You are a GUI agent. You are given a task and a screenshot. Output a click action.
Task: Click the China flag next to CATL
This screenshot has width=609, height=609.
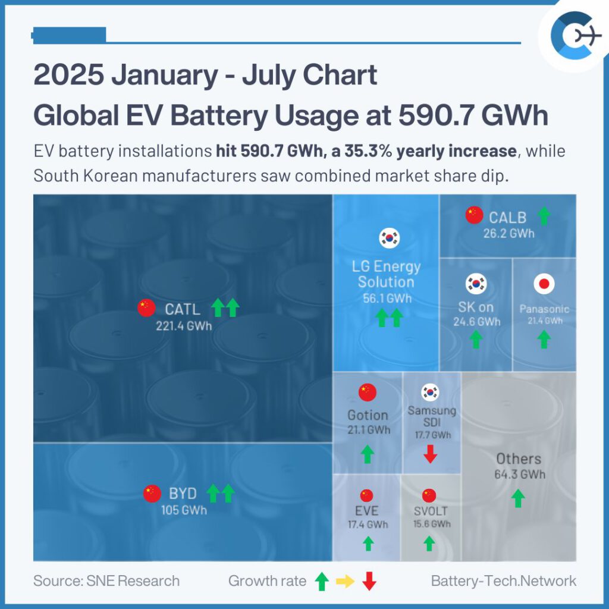coord(146,307)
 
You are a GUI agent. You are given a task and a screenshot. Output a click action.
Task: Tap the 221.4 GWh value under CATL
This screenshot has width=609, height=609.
coord(184,325)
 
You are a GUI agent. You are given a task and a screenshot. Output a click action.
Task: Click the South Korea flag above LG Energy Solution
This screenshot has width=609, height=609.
coord(390,238)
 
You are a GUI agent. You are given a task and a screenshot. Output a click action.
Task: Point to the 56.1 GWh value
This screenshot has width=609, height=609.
coord(387,299)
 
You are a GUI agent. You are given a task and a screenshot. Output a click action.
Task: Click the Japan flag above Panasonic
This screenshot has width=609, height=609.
coord(544,284)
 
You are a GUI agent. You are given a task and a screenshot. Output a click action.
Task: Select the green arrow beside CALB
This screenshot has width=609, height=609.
coord(544,216)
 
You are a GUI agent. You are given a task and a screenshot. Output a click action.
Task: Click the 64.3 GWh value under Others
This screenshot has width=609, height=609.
coord(519,475)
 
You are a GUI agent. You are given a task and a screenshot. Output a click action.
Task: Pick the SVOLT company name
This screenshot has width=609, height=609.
coord(431,511)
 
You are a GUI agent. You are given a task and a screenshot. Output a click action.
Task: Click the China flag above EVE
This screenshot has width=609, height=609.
coord(366,495)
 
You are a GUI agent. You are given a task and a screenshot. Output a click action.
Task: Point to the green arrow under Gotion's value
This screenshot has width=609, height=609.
coord(368,454)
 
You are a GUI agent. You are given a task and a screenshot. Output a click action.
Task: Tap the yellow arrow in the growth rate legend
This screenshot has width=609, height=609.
coord(345,581)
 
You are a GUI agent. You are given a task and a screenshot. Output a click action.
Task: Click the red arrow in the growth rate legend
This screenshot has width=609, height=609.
coord(369,581)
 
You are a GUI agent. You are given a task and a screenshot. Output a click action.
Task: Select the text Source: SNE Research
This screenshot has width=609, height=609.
coord(106,581)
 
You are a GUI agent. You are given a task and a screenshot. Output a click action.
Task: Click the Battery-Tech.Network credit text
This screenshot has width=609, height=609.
coord(503,581)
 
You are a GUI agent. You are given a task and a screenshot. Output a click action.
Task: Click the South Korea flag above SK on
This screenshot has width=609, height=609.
coord(475,283)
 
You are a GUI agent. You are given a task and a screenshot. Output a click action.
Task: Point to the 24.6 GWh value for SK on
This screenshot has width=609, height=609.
coord(479,322)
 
